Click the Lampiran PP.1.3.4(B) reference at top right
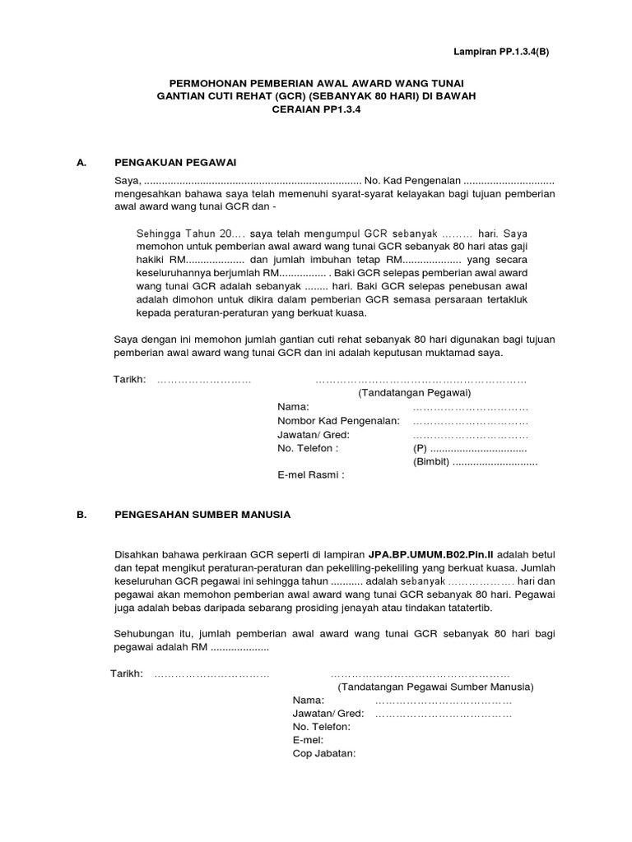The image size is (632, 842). point(500,51)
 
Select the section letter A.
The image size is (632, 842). point(81,163)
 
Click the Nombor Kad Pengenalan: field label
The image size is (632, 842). point(338,420)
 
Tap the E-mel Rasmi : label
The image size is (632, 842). point(310,474)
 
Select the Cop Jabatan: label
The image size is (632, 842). point(323,754)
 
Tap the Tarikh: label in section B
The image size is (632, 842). point(127,674)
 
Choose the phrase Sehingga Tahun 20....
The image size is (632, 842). point(187,233)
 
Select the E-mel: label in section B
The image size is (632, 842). point(307,741)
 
